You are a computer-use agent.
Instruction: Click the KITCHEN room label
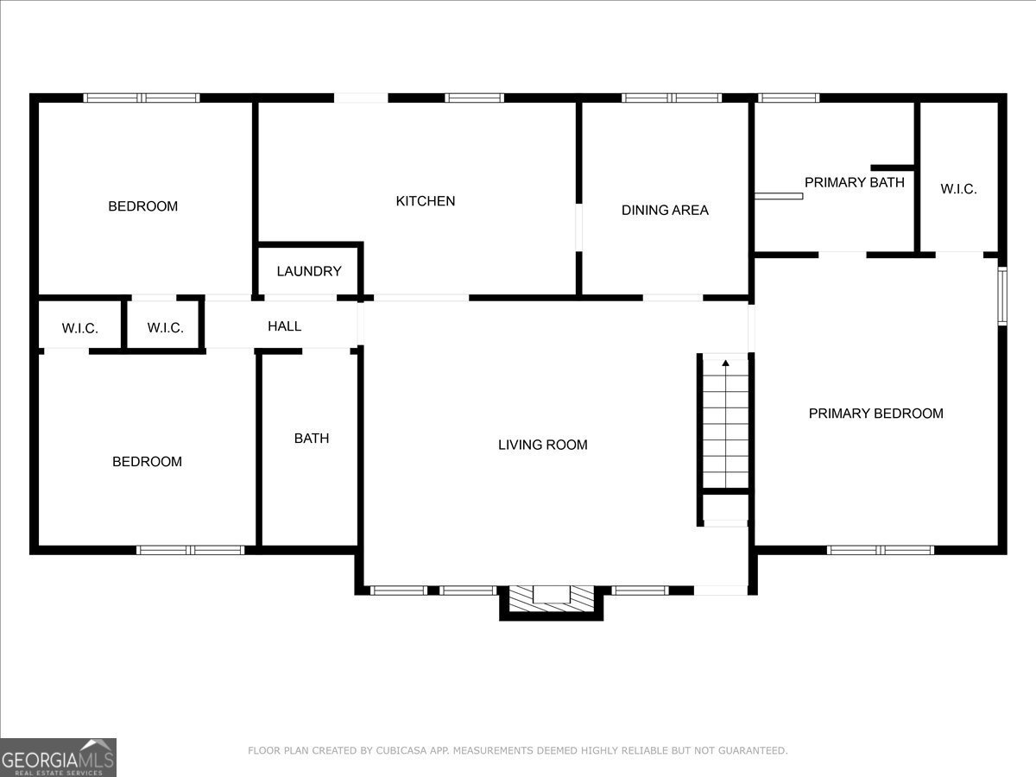pyautogui.click(x=426, y=201)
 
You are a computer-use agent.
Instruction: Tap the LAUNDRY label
pyautogui.click(x=309, y=271)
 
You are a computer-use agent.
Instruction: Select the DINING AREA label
pyautogui.click(x=665, y=210)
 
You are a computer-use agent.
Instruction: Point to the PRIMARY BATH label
pyautogui.click(x=855, y=182)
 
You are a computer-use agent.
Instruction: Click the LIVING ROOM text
pyautogui.click(x=543, y=445)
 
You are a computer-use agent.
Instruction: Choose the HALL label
pyautogui.click(x=285, y=326)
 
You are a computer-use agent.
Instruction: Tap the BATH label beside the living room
pyautogui.click(x=312, y=439)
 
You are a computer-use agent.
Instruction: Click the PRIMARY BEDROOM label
pyautogui.click(x=876, y=414)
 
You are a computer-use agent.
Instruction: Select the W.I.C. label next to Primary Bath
pyautogui.click(x=958, y=189)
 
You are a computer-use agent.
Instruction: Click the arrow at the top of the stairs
pyautogui.click(x=725, y=363)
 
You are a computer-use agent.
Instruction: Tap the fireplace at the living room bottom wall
pyautogui.click(x=552, y=602)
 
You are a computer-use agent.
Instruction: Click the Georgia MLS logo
pyautogui.click(x=58, y=757)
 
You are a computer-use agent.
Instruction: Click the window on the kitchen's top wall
pyautogui.click(x=474, y=98)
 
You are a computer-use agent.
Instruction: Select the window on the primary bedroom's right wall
pyautogui.click(x=1002, y=296)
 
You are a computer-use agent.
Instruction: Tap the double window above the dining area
pyautogui.click(x=672, y=98)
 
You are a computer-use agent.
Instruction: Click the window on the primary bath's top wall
pyautogui.click(x=789, y=98)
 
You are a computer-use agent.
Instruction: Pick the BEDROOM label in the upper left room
pyautogui.click(x=143, y=206)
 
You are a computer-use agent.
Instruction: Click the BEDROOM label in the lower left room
pyautogui.click(x=147, y=461)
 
